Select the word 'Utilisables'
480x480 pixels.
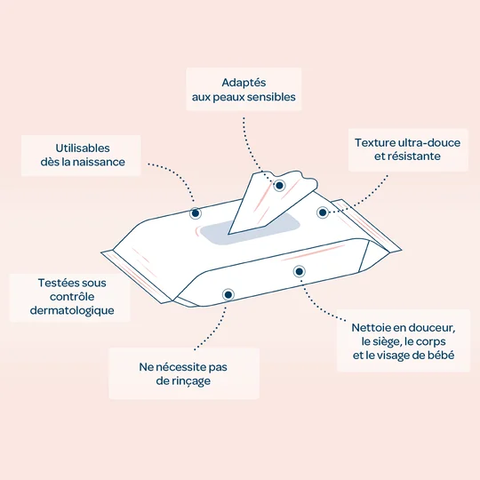point(81,146)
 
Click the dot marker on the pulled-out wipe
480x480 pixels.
point(280,185)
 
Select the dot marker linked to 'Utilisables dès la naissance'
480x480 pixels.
point(196,213)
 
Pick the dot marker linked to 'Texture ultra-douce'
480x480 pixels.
point(323,212)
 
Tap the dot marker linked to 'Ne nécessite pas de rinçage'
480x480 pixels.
point(228,293)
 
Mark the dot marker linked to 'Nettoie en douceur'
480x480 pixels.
point(299,271)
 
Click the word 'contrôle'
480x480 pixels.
point(68,296)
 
